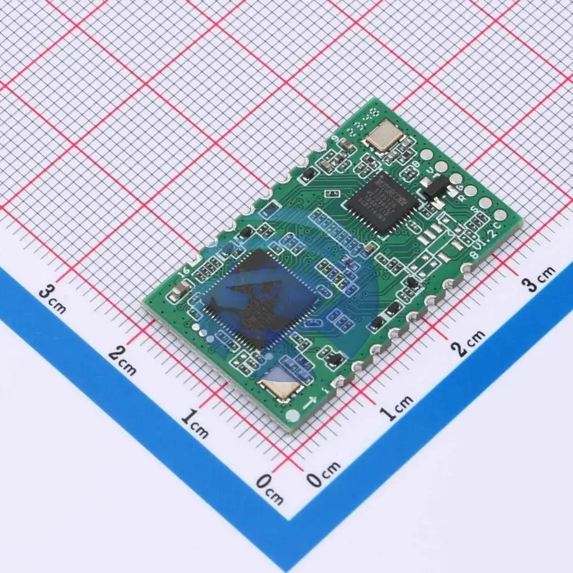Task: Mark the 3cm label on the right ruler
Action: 539,278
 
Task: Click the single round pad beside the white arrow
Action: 293,417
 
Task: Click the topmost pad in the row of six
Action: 426,153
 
